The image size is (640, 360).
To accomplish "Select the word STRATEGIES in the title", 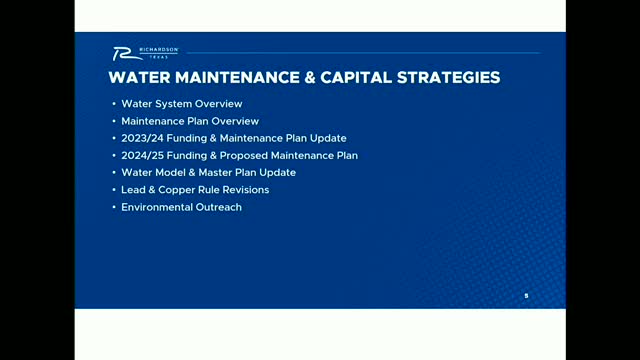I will pyautogui.click(x=444, y=78).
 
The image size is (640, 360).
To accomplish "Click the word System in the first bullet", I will pyautogui.click(x=171, y=104).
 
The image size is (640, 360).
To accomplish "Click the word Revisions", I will pyautogui.click(x=246, y=190).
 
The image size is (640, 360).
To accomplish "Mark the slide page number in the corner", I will pyautogui.click(x=525, y=295).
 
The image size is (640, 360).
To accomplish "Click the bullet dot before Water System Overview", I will pyautogui.click(x=113, y=104).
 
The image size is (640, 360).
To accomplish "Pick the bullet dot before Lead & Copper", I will pyautogui.click(x=113, y=190).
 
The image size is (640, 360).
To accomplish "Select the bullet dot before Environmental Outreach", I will pyautogui.click(x=113, y=207).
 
